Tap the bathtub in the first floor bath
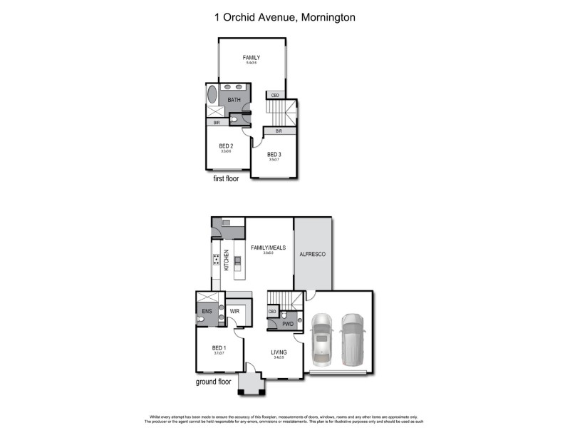click(x=212, y=96)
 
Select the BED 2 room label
click(x=226, y=146)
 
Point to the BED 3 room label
click(x=274, y=154)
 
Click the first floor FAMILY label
click(x=251, y=58)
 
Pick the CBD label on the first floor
click(x=274, y=95)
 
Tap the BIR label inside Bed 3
click(x=279, y=131)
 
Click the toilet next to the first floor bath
click(x=236, y=121)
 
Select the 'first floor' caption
click(x=226, y=179)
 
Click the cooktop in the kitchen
click(x=216, y=260)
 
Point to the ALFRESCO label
click(x=312, y=254)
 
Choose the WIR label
click(x=234, y=311)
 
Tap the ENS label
click(x=206, y=311)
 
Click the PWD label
click(x=287, y=324)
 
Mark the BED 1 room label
click(x=219, y=347)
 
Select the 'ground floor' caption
click(x=214, y=382)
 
